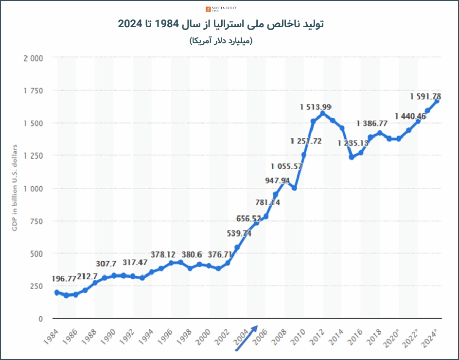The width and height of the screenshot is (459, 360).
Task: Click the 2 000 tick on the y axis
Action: [x=34, y=58]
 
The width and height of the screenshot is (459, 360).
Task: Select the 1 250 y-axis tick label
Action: [x=34, y=156]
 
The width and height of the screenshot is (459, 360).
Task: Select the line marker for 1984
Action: [x=57, y=292]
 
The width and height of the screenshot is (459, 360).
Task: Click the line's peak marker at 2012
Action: [x=323, y=113]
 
